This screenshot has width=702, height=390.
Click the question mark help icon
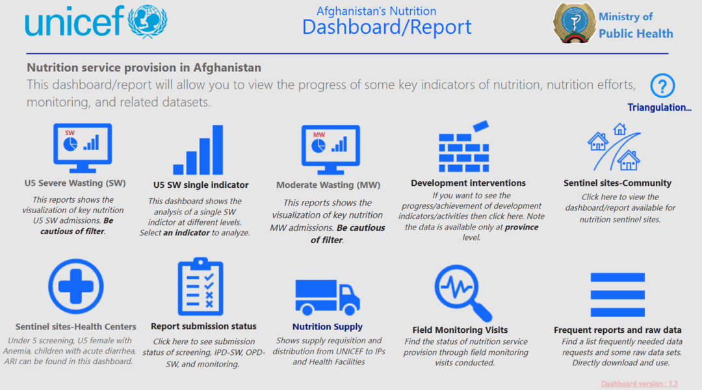coord(662,86)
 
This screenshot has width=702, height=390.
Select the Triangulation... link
coord(659,107)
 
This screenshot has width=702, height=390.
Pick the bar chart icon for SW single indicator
coord(198,150)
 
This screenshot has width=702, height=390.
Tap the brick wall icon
coord(463,146)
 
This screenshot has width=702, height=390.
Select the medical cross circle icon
coord(76,287)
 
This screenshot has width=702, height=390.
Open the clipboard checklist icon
coord(200,287)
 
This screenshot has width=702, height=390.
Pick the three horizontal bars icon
coord(617,294)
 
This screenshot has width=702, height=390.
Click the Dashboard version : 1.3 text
coord(640,384)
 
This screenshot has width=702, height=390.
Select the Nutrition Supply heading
coord(328,327)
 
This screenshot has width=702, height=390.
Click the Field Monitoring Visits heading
coord(460,330)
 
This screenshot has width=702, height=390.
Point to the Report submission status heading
coord(203,326)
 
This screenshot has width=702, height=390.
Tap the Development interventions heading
coord(468,183)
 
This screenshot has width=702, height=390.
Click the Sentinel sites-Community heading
coord(617,183)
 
